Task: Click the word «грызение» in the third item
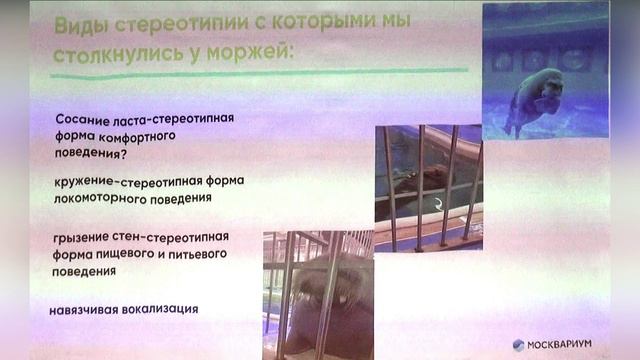click(x=82, y=236)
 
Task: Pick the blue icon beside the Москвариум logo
click(x=518, y=344)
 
